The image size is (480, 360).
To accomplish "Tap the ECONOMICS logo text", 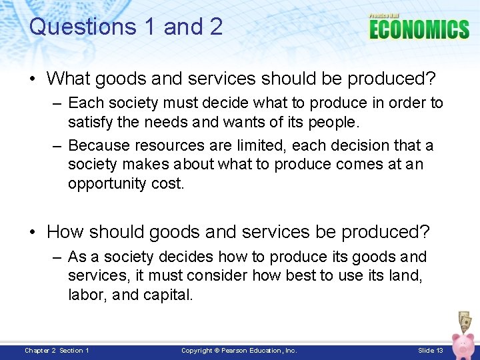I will pos(419,30).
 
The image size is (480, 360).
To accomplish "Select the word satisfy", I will pos(91,123).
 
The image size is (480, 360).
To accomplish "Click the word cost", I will pos(167,183).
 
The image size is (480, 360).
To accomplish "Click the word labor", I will pos(85,295).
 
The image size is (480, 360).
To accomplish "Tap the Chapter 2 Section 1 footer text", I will pos(57,351).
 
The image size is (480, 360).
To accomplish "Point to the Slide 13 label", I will pos(430,351).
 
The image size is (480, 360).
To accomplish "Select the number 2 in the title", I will pos(213,27).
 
